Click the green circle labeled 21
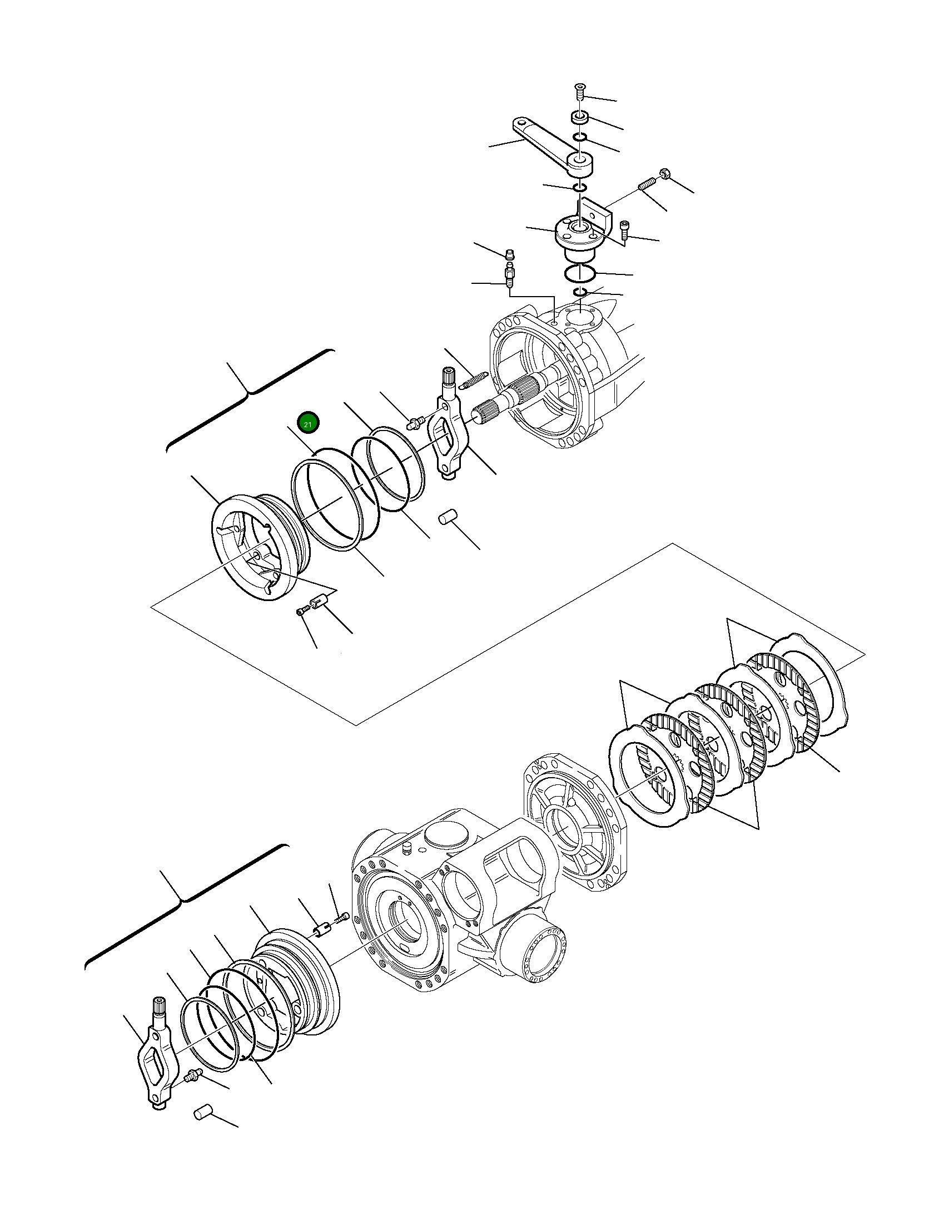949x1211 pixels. click(x=308, y=423)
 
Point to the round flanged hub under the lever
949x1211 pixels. click(x=578, y=236)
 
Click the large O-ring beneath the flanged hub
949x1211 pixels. click(x=580, y=273)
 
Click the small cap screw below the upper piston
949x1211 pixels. click(x=302, y=611)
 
